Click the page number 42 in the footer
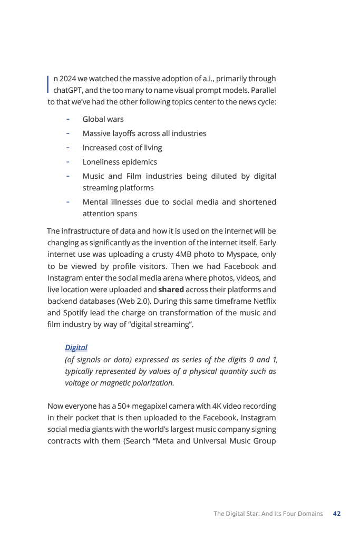coord(336,514)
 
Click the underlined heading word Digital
coord(76,348)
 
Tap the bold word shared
coord(171,290)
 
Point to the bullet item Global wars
coord(103,119)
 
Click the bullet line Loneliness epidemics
coord(119,162)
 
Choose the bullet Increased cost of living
coord(122,148)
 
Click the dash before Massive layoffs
coord(69,133)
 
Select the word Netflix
coord(265,301)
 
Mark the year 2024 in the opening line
coord(67,79)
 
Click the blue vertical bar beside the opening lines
coord(48,84)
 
